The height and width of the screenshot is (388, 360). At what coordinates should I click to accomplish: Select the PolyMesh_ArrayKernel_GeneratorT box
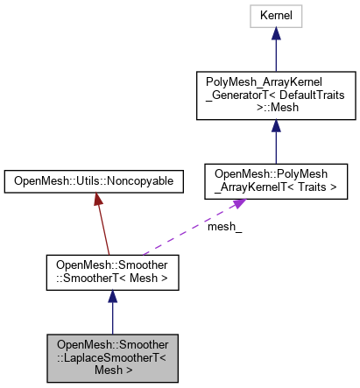coord(275,98)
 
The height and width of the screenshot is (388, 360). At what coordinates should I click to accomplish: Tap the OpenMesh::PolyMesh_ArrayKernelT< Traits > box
coord(275,180)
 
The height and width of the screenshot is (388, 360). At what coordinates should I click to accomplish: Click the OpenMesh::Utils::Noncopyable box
coord(94,181)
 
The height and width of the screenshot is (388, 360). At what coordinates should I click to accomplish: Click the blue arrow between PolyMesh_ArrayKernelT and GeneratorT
coord(275,140)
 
